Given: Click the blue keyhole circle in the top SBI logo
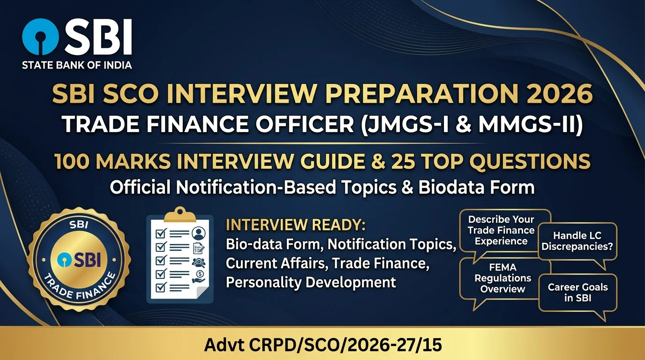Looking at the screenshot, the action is (40, 37).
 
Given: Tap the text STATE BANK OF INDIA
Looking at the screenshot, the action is (77, 65).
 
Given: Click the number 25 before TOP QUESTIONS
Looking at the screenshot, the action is (403, 161).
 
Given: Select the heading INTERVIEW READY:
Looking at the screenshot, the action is (296, 225).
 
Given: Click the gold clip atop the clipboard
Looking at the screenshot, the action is (180, 215).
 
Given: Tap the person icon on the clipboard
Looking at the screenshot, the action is (199, 233).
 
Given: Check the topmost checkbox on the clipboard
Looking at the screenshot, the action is (161, 233).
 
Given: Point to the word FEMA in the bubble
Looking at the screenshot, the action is (503, 268).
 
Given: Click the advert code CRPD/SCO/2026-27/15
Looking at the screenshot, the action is (345, 345).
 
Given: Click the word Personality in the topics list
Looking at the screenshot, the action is (263, 283).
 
